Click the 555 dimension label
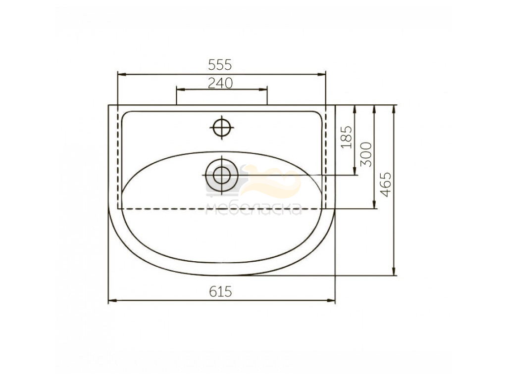point(220,65)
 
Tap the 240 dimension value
point(220,83)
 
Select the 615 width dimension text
point(220,292)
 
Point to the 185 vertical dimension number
point(346,137)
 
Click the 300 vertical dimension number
point(366,154)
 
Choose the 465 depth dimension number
point(386,185)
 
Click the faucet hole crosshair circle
point(222,127)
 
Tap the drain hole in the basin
point(222,175)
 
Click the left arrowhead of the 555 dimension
point(122,75)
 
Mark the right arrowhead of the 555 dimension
point(321,75)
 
